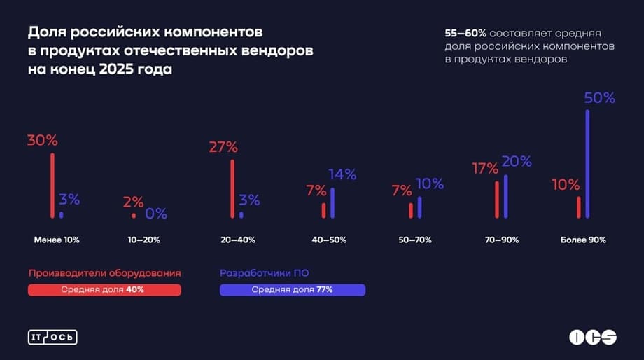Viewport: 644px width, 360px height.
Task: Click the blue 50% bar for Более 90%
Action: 587,163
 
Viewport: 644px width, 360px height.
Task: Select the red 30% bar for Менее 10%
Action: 52,186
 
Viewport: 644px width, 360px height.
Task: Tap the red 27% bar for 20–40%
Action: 232,189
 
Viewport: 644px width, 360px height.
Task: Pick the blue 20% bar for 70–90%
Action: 505,196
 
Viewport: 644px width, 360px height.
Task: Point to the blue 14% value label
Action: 343,174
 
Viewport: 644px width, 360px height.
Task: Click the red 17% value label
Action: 485,169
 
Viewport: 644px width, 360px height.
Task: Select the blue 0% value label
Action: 156,214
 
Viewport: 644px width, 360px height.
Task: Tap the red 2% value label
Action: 133,202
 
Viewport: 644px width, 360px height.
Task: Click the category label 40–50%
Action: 329,240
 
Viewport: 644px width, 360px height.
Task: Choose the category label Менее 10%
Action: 57,240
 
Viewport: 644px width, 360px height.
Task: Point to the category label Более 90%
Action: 583,240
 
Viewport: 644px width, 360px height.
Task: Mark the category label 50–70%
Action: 415,240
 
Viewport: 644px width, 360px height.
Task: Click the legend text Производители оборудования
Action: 105,273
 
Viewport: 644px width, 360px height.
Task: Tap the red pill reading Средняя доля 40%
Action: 104,290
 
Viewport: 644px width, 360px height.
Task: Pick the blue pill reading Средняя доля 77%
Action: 292,290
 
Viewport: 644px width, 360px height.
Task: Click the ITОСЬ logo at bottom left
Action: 52,337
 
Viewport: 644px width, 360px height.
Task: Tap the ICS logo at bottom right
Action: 592,337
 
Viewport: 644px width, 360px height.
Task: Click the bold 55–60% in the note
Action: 465,33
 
